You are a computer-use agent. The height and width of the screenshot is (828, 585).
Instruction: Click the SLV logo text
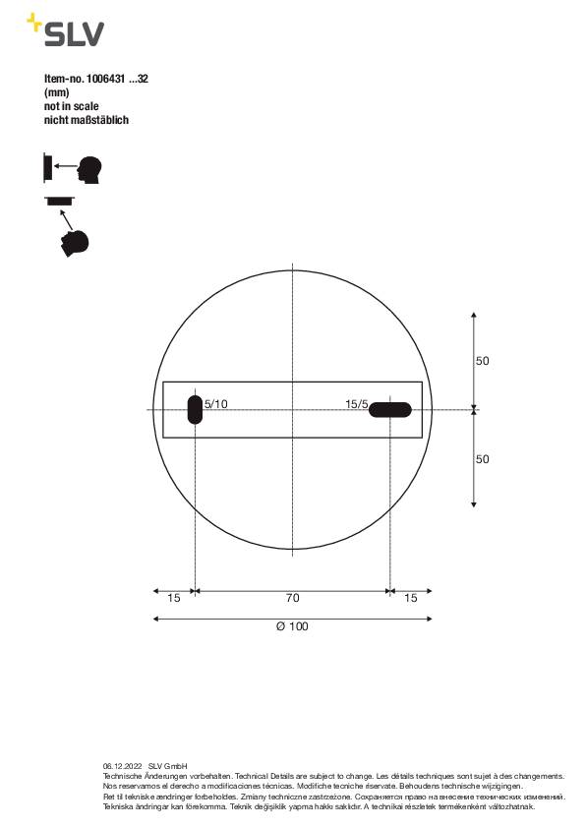73,34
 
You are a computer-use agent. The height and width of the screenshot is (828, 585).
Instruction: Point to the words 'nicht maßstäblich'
87,120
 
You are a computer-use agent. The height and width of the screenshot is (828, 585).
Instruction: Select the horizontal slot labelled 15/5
390,409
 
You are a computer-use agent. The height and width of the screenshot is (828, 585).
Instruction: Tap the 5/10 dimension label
216,403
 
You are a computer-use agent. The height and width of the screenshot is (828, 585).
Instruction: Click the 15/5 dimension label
356,403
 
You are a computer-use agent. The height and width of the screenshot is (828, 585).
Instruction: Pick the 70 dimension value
292,598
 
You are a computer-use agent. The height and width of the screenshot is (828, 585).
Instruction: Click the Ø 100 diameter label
292,625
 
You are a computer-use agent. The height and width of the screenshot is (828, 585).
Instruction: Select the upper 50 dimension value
482,361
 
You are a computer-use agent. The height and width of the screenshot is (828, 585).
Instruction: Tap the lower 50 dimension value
482,458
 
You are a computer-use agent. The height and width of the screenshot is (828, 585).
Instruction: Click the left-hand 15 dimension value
174,598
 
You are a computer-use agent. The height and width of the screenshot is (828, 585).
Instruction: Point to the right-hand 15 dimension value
410,598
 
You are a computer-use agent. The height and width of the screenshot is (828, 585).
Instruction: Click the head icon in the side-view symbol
90,169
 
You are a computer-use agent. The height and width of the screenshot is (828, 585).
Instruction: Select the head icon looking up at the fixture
75,242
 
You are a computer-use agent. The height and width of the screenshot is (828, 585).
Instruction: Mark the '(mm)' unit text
57,92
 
